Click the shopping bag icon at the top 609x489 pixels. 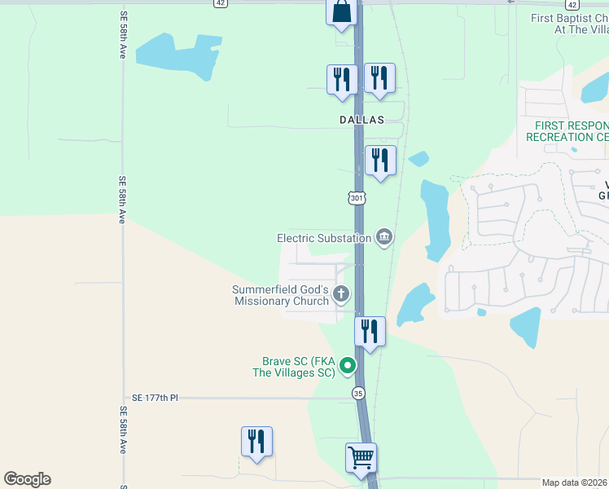click(342, 11)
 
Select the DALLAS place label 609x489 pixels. click(361, 119)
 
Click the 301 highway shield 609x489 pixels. click(357, 198)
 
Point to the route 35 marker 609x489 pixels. click(358, 394)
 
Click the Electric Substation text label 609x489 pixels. click(323, 238)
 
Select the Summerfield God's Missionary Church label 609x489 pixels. click(280, 295)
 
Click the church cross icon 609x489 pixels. click(341, 294)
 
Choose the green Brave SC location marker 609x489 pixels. click(348, 366)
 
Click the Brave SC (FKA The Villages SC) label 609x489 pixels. click(298, 367)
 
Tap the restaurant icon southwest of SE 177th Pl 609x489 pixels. click(256, 441)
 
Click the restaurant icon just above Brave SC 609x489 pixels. click(370, 331)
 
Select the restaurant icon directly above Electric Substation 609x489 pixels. click(380, 160)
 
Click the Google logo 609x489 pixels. click(27, 479)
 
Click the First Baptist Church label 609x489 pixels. click(569, 24)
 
